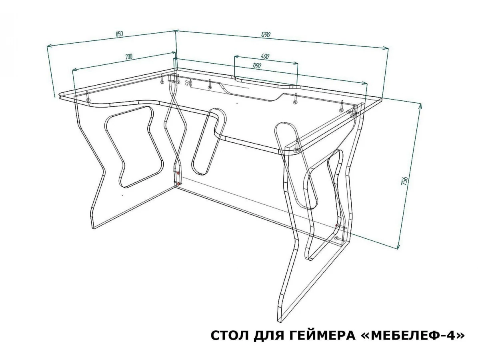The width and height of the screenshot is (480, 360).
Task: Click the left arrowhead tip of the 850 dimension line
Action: (x=48, y=46)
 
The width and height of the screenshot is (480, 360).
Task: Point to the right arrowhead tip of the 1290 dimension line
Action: (x=388, y=48)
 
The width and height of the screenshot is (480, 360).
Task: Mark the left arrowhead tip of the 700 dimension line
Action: (x=72, y=70)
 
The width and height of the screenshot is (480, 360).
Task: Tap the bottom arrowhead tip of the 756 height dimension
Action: (x=398, y=249)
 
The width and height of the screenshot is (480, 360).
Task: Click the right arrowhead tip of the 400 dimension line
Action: (x=298, y=64)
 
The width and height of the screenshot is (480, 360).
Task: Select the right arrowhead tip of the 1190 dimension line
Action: (x=367, y=83)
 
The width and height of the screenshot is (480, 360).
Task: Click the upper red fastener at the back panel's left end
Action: (x=178, y=173)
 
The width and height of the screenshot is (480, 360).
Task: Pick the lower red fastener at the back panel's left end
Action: (x=179, y=183)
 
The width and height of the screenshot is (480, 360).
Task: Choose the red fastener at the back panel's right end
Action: (x=337, y=225)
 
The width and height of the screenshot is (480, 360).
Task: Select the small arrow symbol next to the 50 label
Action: (x=191, y=83)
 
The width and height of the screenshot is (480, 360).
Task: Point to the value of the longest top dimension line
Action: (x=266, y=34)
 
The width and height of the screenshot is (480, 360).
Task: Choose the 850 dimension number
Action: (x=119, y=34)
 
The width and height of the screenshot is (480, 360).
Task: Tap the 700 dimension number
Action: (x=129, y=57)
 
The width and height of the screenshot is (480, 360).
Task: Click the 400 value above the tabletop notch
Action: (x=265, y=56)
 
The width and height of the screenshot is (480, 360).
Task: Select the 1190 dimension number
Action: (x=257, y=65)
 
